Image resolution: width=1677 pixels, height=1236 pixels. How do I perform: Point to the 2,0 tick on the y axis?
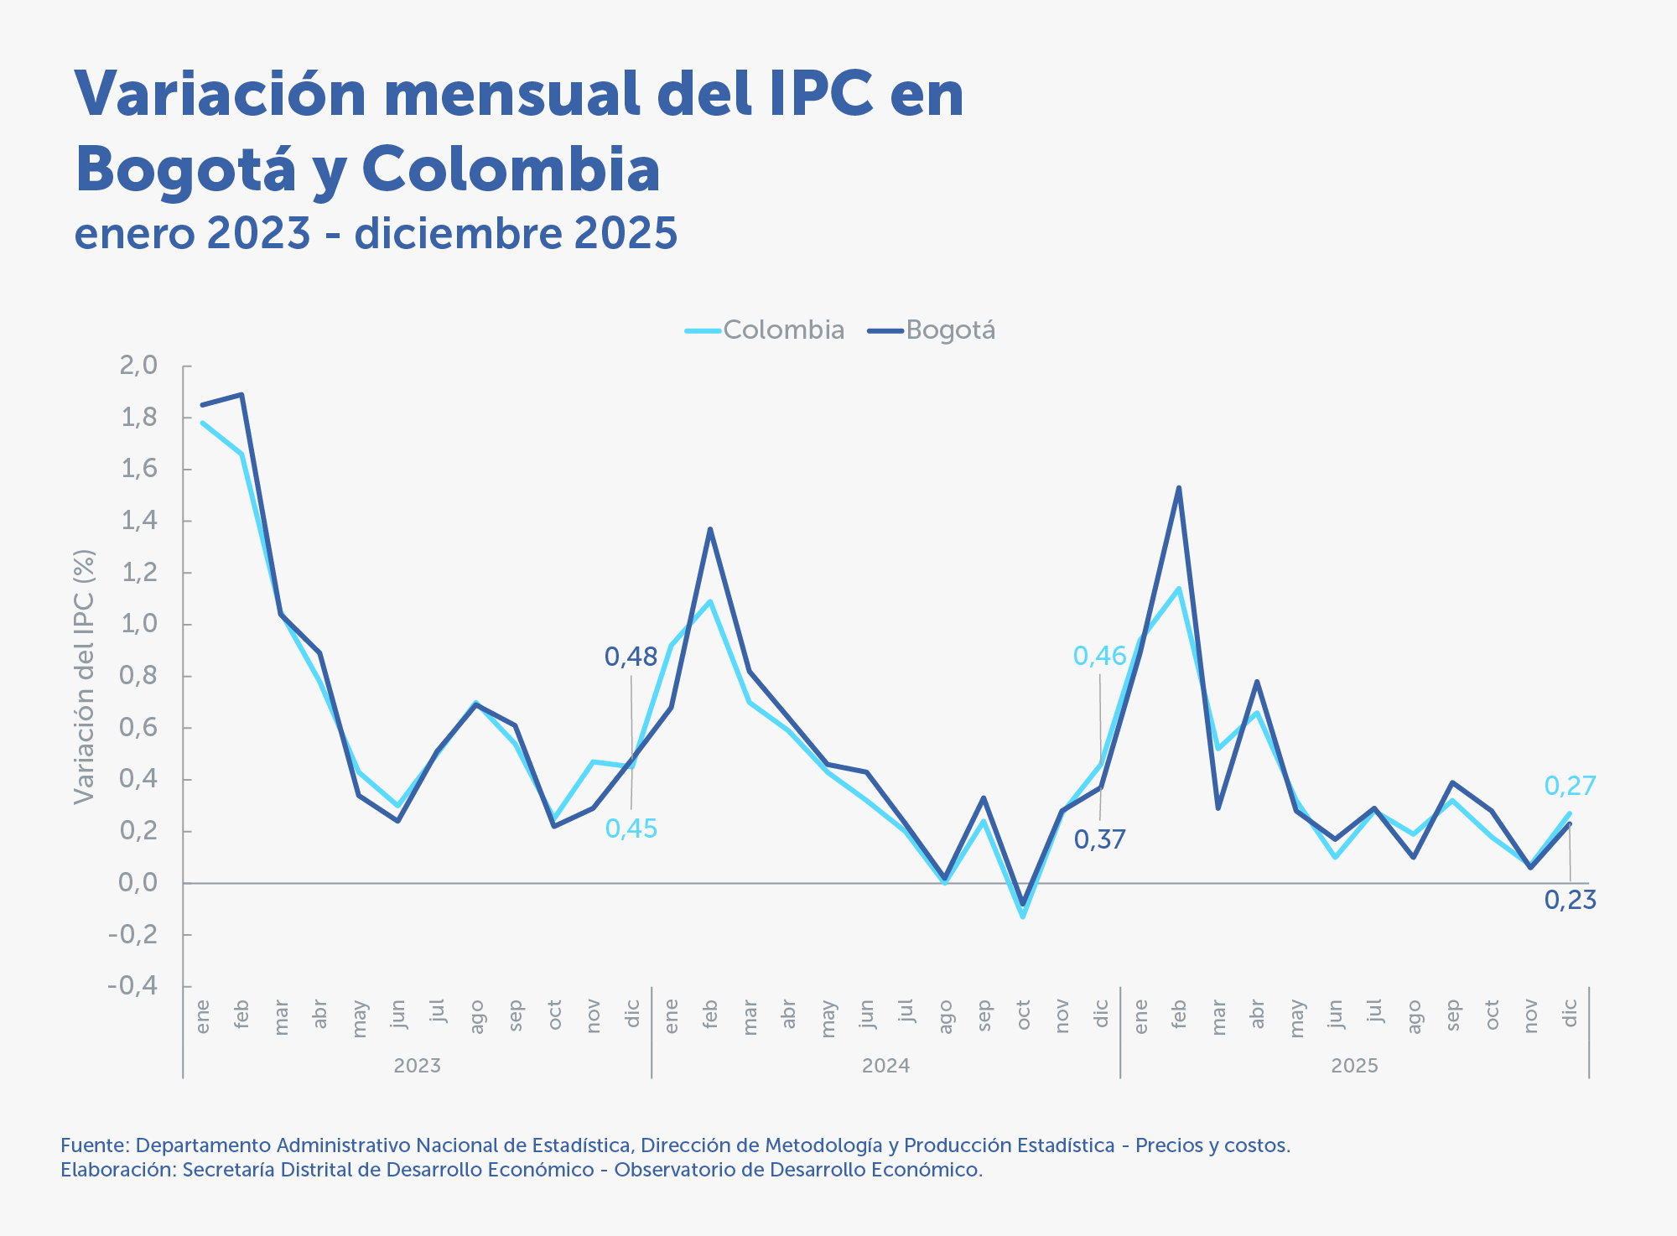(x=139, y=366)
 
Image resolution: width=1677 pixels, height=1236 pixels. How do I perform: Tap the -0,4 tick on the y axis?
(x=133, y=985)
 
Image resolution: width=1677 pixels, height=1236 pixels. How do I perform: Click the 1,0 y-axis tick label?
(x=139, y=624)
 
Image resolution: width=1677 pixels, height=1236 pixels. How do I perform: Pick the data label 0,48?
(x=631, y=657)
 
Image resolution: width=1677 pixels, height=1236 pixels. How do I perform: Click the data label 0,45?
(x=631, y=829)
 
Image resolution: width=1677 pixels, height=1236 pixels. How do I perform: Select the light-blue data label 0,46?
(x=1099, y=657)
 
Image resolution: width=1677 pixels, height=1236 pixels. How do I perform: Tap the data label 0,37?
(x=1099, y=839)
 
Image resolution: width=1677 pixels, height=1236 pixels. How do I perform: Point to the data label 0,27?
(x=1570, y=786)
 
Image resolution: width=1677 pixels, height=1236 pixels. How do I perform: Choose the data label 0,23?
(x=1570, y=901)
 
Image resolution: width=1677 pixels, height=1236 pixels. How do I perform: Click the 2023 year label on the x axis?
(x=417, y=1066)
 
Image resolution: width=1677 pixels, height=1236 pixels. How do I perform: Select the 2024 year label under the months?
(x=885, y=1066)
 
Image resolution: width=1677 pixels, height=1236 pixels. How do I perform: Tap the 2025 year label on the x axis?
(x=1354, y=1066)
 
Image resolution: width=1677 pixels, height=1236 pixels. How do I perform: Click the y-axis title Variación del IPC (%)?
(x=84, y=677)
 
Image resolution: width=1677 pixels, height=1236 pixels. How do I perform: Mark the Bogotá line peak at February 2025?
(x=1179, y=488)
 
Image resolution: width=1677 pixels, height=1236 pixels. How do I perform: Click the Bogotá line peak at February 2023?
(x=242, y=394)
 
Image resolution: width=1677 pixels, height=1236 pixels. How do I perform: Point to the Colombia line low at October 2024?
(x=1023, y=917)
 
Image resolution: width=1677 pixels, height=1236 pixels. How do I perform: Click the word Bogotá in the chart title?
(x=185, y=170)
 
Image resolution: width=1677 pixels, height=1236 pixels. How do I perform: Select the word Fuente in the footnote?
(x=92, y=1145)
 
